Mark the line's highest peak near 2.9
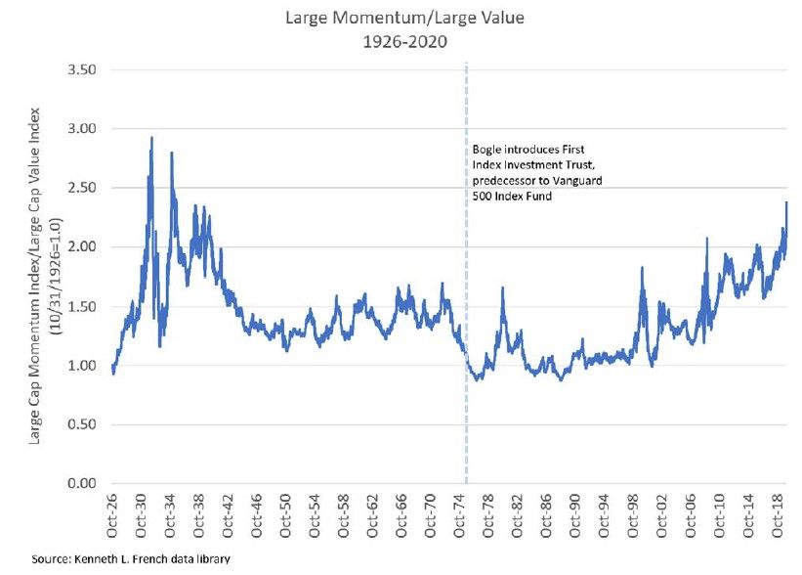pyautogui.click(x=151, y=139)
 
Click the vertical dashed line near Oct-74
pyautogui.click(x=466, y=293)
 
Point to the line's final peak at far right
pyautogui.click(x=786, y=203)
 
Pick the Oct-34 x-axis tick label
pyautogui.click(x=172, y=511)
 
